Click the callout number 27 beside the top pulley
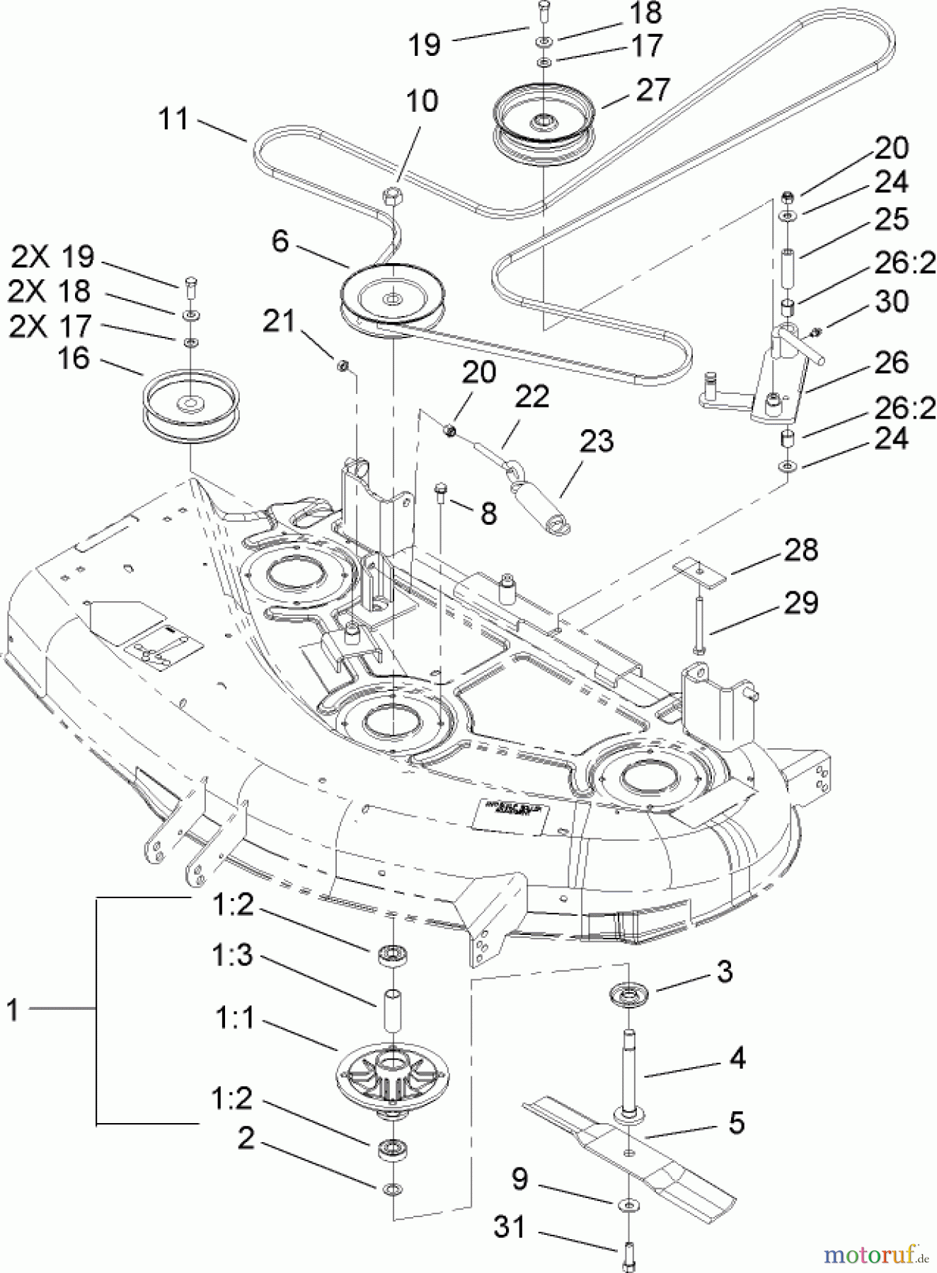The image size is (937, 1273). click(x=652, y=91)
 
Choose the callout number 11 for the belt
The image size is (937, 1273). click(x=173, y=119)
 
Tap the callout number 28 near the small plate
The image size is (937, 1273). click(x=800, y=550)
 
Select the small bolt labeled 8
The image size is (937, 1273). click(x=441, y=489)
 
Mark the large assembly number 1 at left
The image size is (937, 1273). click(x=12, y=1009)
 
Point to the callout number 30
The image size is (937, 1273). click(x=891, y=302)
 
